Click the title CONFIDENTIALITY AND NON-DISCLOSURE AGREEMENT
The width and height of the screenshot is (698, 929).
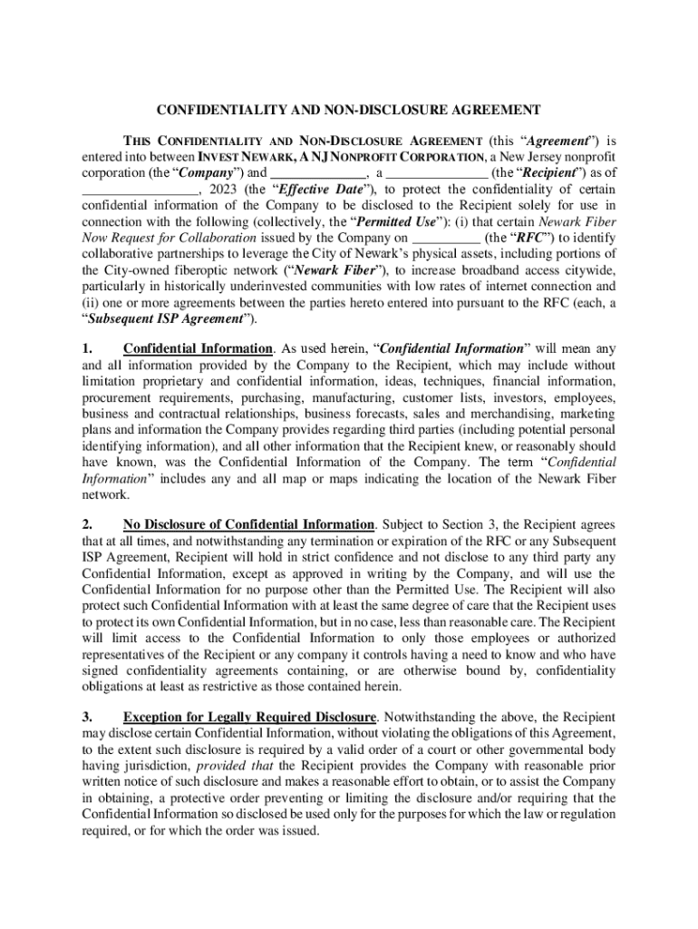coord(349,110)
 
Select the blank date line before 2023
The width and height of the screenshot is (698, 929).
coord(140,190)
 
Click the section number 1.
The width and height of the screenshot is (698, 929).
coord(87,349)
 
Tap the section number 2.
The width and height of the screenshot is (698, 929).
coord(87,525)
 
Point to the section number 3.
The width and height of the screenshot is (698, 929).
coord(87,718)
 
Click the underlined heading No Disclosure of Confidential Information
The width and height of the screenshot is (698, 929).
coord(248,525)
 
